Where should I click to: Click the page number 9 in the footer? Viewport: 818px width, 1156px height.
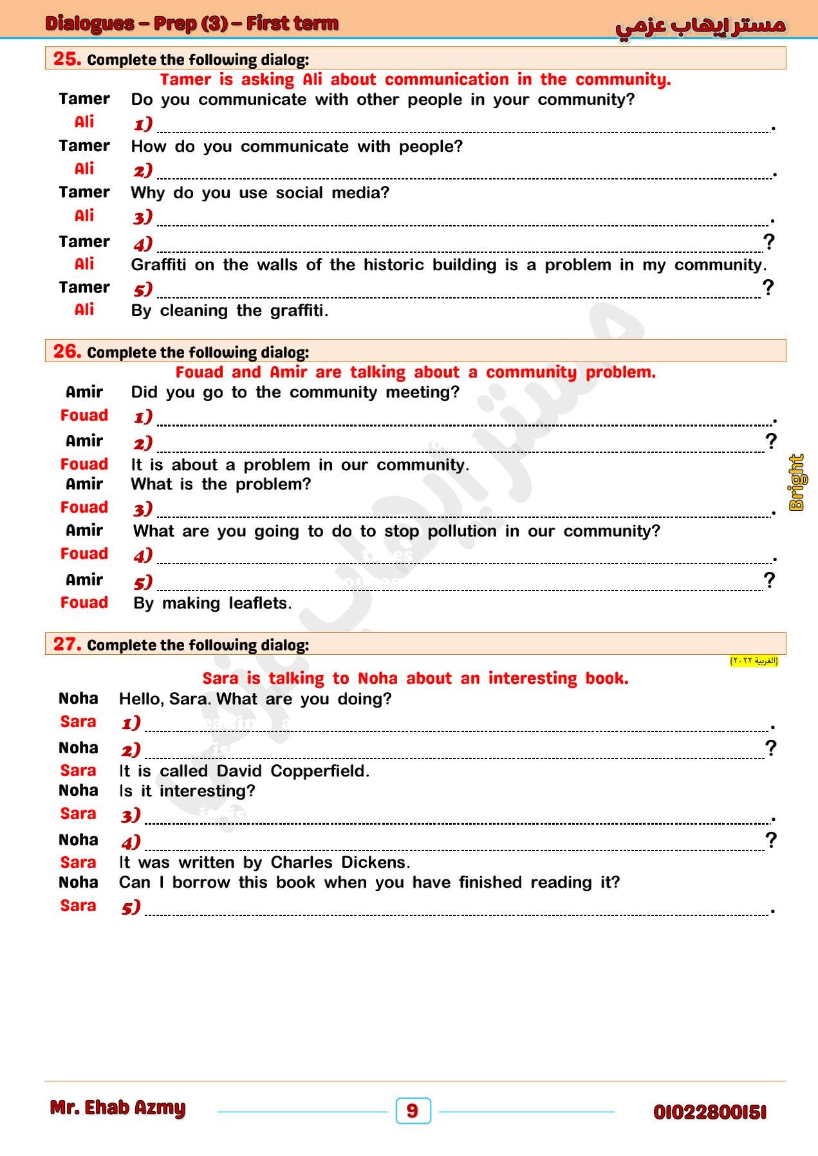click(x=413, y=1110)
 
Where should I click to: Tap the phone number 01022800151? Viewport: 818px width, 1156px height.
click(x=709, y=1112)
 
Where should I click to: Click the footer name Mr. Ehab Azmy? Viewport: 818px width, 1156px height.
click(x=117, y=1108)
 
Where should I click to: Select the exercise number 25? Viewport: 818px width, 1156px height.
click(x=67, y=59)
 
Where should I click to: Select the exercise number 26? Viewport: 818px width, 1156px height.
click(x=67, y=351)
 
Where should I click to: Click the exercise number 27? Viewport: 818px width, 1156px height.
click(x=67, y=644)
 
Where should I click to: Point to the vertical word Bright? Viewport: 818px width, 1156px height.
click(x=797, y=482)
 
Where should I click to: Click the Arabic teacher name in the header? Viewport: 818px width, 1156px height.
click(x=700, y=26)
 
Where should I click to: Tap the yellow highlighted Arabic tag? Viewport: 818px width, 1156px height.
click(x=754, y=661)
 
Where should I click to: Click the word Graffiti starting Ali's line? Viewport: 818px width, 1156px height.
click(x=158, y=265)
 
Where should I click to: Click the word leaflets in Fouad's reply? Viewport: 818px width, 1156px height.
click(x=260, y=603)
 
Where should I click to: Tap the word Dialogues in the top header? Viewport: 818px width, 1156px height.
click(x=89, y=24)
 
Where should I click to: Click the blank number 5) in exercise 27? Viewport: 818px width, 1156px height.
click(x=131, y=907)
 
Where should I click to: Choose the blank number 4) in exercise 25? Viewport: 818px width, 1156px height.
click(x=143, y=244)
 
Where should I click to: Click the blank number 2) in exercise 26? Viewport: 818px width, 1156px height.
click(x=143, y=443)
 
